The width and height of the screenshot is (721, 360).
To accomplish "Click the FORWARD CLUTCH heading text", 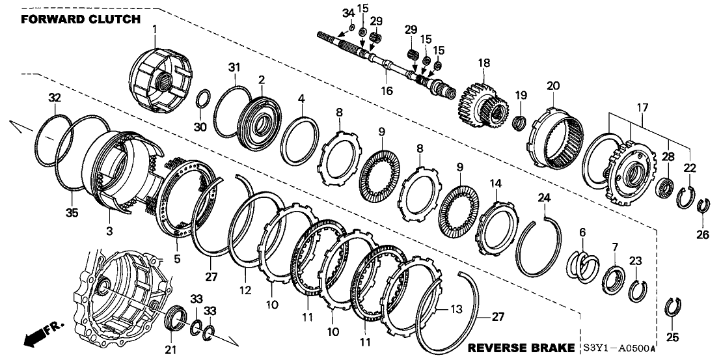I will (81, 19).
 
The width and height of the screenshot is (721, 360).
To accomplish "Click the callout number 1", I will (154, 29).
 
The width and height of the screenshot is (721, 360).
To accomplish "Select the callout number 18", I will (483, 62).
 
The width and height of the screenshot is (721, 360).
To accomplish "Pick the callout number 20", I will (553, 86).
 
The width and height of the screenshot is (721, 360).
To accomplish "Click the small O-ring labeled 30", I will (203, 100).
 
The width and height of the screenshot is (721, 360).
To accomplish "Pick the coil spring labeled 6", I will (586, 265).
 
